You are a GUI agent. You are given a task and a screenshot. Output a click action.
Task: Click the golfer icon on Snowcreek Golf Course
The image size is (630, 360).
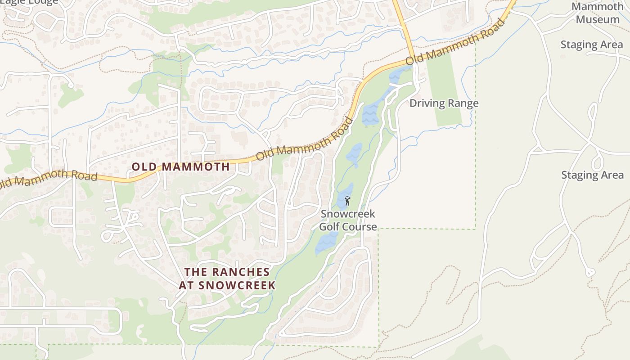coord(347,201)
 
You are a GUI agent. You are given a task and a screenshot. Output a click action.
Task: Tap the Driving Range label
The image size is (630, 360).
coord(444,103)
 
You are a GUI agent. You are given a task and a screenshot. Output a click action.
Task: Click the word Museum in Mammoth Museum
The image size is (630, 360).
coord(598,20)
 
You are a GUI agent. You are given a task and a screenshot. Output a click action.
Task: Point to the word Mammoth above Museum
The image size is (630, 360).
coord(597,7)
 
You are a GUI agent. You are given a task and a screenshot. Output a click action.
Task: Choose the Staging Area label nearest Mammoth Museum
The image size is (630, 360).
coord(592,45)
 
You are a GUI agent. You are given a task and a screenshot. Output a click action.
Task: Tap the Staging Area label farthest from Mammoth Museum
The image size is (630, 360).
coord(592,175)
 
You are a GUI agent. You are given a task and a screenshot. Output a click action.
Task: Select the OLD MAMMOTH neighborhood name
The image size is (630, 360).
coord(180,167)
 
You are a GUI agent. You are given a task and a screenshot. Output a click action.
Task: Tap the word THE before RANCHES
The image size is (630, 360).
coord(196,272)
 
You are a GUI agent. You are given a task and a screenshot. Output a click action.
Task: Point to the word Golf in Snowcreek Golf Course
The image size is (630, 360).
coord(329,227)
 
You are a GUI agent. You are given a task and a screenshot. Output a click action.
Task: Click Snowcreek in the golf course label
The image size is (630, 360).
coord(348,214)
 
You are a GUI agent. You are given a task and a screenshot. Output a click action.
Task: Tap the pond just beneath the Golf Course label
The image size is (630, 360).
coord(324,244)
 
